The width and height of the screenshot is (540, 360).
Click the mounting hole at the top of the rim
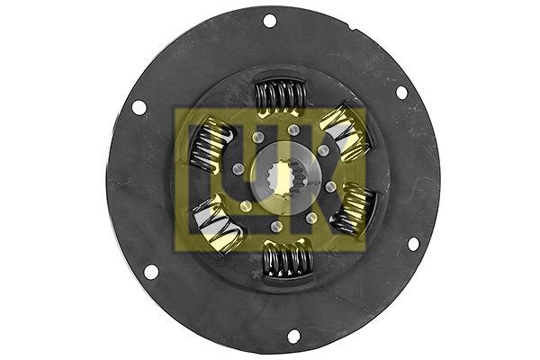[269, 21]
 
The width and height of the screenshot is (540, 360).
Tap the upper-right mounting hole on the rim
[401, 92]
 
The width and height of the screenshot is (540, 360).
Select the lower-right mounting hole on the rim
[413, 243]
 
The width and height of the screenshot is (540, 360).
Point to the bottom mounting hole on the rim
[293, 336]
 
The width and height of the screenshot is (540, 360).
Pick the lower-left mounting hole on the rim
[150, 271]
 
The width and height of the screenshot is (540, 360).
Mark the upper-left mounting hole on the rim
[139, 107]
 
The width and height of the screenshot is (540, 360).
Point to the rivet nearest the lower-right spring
[331, 186]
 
